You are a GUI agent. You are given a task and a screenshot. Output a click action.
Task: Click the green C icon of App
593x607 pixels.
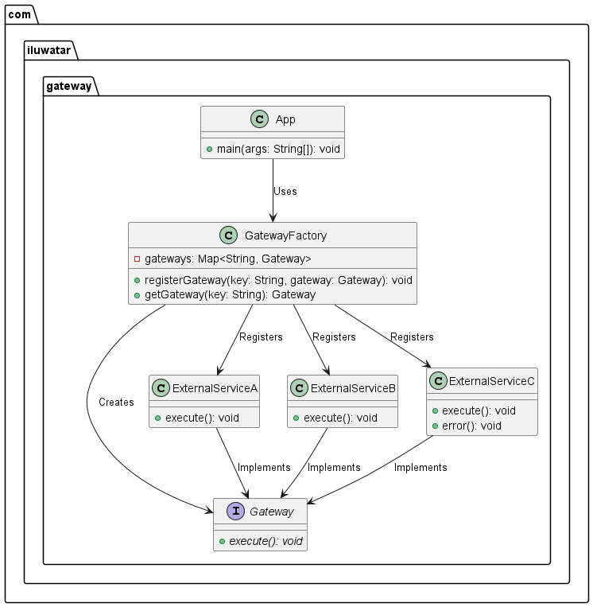259,119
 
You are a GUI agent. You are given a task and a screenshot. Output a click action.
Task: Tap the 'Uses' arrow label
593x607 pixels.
285,191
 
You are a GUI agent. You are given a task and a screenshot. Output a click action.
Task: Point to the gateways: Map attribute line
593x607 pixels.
228,259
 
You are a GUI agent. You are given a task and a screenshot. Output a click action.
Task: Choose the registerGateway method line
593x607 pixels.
278,280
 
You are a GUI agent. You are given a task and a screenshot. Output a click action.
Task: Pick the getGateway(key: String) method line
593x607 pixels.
230,294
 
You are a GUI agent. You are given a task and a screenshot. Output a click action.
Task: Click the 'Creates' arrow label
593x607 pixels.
116,402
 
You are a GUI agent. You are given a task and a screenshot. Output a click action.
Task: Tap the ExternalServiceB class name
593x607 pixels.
353,387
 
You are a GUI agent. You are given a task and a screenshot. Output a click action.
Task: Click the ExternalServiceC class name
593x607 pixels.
491,381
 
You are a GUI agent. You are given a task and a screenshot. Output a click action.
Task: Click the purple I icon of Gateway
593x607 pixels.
235,512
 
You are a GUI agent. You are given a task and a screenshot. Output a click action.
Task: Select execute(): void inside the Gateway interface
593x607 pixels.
265,541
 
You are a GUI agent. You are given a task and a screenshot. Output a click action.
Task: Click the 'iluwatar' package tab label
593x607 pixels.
49,50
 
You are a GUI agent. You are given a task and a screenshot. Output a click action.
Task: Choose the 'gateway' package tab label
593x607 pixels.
69,86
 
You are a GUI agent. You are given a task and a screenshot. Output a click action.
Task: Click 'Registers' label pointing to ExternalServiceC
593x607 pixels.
412,337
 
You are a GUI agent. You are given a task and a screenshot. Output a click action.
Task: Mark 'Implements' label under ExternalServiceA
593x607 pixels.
264,467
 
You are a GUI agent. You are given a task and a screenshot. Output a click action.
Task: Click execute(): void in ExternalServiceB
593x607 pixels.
340,418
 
